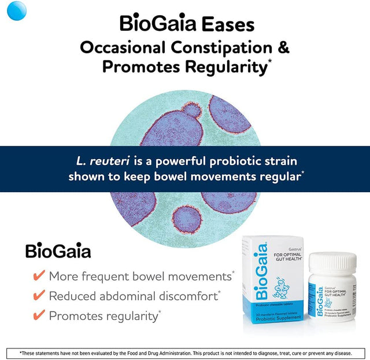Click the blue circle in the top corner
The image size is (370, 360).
click(x=18, y=10)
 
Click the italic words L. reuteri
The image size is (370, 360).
click(x=99, y=161)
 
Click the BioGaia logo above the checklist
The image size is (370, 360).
click(x=58, y=252)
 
